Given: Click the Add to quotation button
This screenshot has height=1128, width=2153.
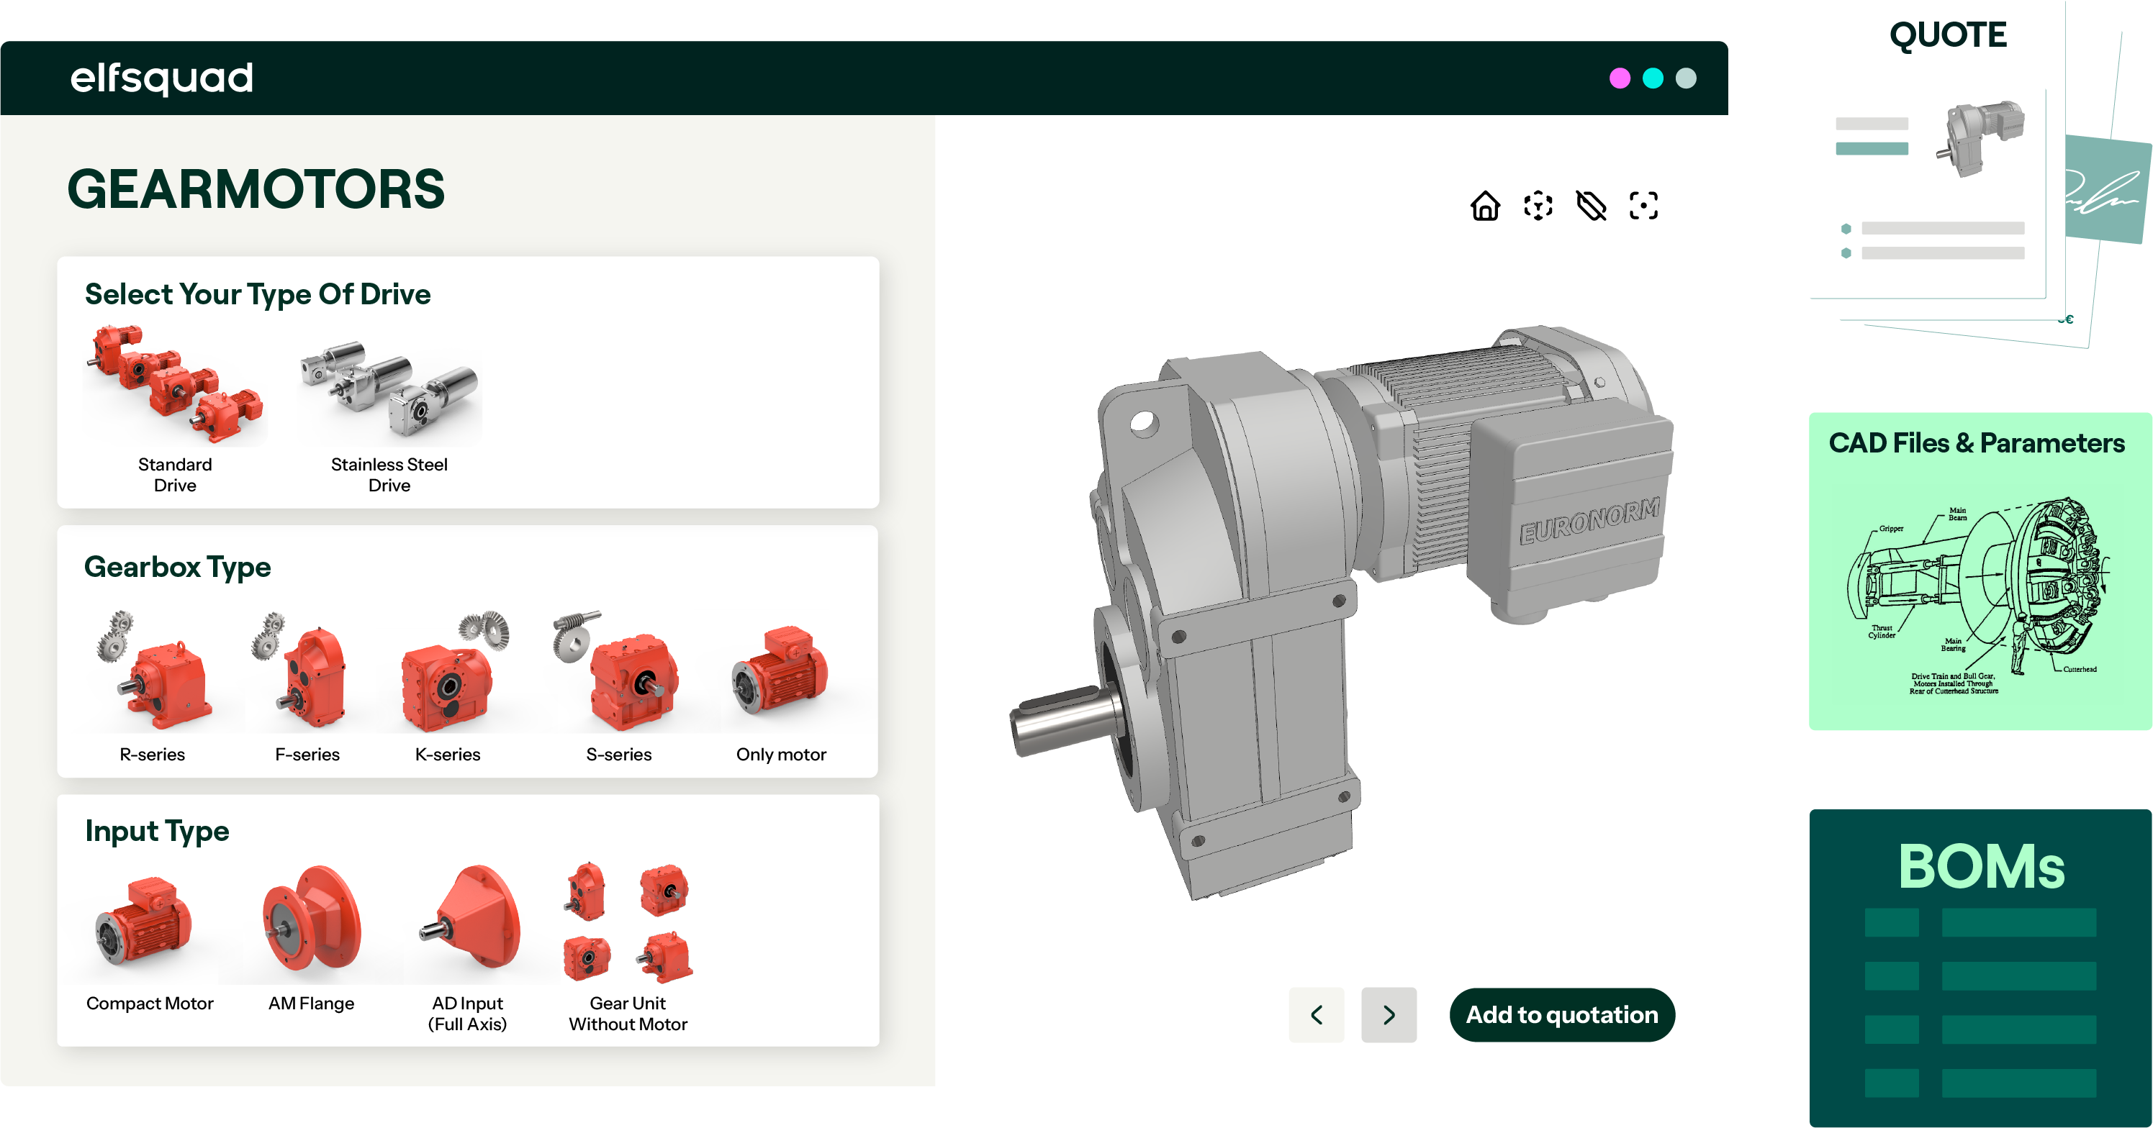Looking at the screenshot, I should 1561,1014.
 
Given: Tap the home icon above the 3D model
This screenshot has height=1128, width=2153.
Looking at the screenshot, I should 1484,205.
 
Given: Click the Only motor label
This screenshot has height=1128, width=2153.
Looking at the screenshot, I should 780,754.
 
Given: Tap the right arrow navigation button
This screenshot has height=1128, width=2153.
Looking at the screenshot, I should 1389,1014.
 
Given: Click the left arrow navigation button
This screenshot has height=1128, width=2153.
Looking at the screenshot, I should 1317,1014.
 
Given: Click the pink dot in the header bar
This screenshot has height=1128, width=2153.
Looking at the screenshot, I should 1619,78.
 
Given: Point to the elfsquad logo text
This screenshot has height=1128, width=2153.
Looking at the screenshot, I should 161,78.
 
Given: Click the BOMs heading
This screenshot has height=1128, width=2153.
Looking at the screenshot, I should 1980,865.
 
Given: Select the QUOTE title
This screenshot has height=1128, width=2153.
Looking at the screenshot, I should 1946,35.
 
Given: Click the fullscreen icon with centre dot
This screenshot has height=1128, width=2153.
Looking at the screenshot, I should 1643,205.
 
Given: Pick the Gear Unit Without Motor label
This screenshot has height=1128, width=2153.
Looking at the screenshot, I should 628,1013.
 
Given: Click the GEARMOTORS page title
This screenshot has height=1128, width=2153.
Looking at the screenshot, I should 256,188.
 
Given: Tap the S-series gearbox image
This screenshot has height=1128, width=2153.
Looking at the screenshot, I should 623,673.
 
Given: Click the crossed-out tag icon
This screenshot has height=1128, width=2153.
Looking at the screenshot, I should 1591,205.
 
